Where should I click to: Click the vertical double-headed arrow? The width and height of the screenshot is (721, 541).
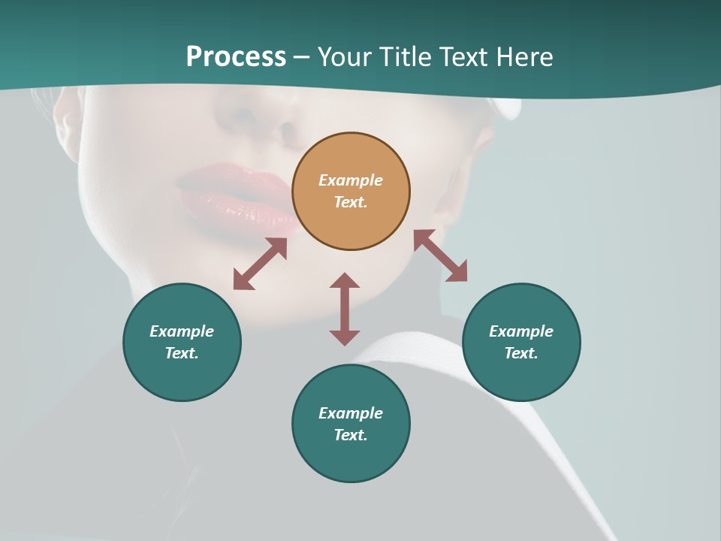345,309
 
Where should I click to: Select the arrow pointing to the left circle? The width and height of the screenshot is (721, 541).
260,264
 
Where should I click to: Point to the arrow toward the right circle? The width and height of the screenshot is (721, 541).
441,255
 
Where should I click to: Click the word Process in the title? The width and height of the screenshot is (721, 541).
236,57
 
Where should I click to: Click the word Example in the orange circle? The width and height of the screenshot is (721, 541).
351,180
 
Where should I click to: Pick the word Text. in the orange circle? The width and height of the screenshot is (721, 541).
351,202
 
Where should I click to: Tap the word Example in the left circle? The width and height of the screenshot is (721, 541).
182,331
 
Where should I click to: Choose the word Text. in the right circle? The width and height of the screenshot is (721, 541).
521,353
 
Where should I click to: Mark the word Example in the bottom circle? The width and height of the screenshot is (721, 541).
351,413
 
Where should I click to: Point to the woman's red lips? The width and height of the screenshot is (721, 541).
237,195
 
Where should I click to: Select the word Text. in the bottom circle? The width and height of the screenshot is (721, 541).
351,435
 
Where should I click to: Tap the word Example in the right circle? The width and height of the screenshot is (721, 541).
521,331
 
